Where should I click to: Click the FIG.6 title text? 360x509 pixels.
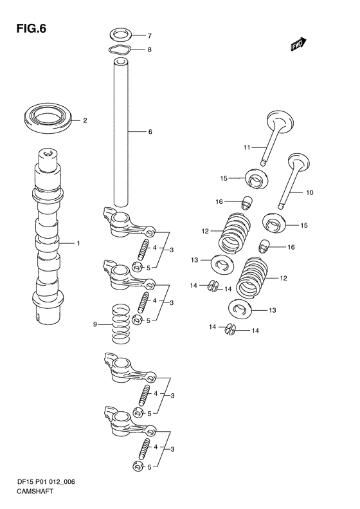coord(31,28)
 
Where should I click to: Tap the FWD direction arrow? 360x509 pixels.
coord(298,44)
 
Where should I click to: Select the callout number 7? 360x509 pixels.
coord(149,35)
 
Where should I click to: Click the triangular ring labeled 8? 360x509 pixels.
coord(120,50)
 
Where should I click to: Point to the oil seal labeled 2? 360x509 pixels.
coord(48,118)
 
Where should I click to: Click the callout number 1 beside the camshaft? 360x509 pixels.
coord(78,243)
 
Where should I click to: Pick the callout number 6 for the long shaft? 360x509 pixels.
coord(150,132)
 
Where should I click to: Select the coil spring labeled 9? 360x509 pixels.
coord(121,324)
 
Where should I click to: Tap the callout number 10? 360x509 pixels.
coord(310,192)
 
